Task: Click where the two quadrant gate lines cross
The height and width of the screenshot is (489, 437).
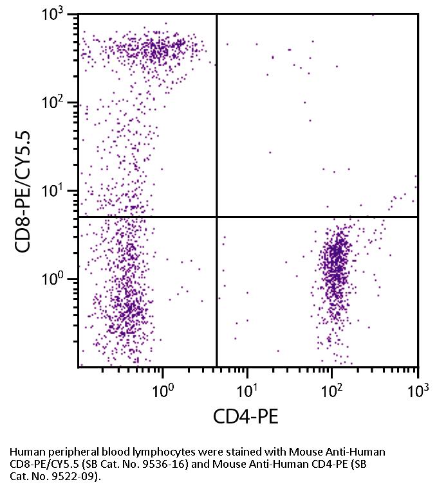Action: coord(216,217)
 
